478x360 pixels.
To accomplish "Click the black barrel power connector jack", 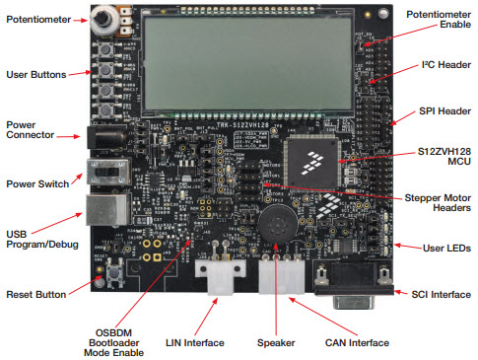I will coord(103,137).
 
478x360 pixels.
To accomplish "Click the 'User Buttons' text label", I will coord(35,75).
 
